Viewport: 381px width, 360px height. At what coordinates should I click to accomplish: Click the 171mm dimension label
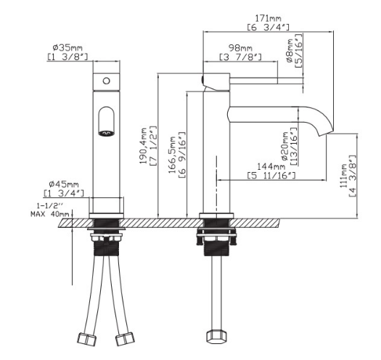point(268,18)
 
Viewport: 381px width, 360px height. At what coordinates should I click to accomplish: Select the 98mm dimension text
point(240,48)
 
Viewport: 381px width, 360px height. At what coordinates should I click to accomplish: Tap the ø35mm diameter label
point(67,47)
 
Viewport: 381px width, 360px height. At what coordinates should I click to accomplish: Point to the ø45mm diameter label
point(64,184)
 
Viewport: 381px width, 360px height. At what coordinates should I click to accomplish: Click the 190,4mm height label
point(144,146)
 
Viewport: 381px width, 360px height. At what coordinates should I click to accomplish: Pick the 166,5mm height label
point(172,155)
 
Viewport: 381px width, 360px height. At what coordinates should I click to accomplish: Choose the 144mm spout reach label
point(271,166)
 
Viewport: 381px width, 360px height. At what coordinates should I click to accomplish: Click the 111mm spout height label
point(343,176)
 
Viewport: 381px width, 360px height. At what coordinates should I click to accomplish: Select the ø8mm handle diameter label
point(290,51)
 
